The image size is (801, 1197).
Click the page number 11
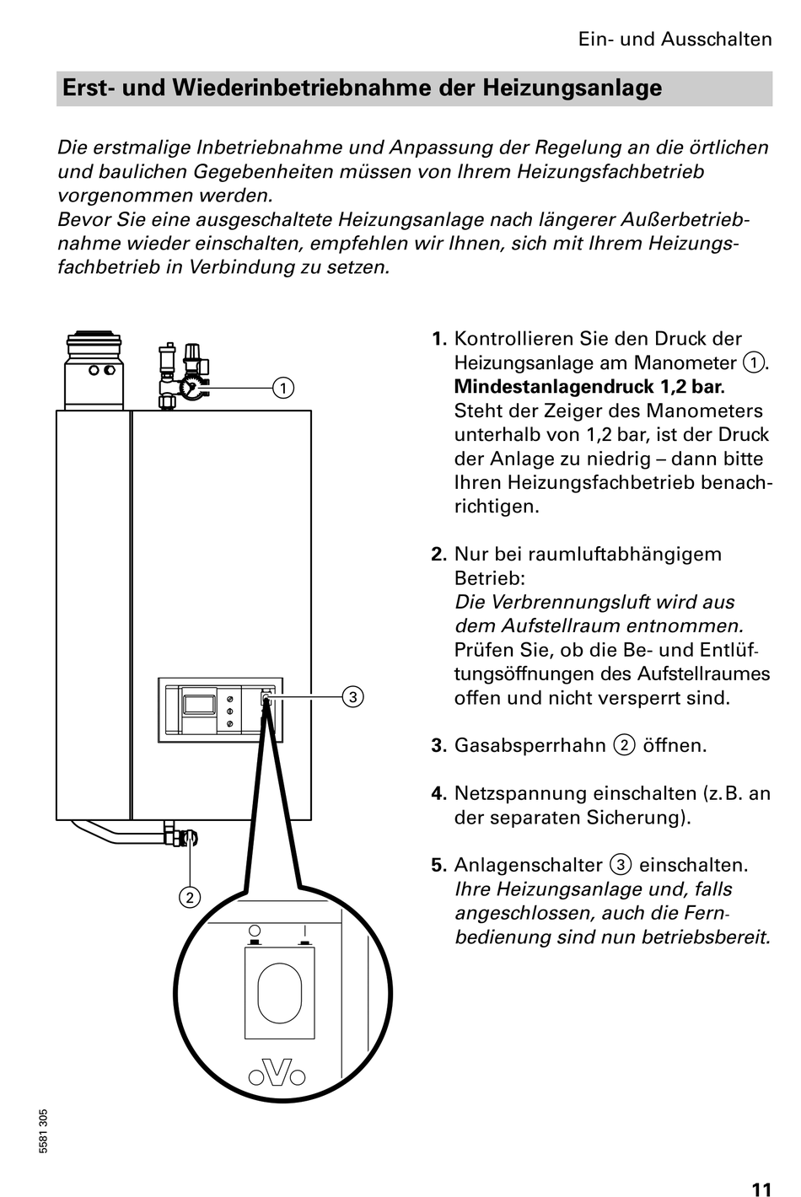(x=761, y=1167)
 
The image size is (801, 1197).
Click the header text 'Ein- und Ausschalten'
(x=675, y=40)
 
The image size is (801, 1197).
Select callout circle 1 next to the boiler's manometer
(x=283, y=388)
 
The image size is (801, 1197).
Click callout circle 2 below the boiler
(x=190, y=897)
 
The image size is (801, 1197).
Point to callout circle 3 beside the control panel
(x=353, y=696)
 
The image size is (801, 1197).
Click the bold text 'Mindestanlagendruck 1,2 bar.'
(x=589, y=388)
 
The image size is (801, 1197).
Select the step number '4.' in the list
(x=438, y=794)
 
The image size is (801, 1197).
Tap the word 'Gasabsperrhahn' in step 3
(x=530, y=746)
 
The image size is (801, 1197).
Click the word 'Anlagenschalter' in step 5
(x=528, y=866)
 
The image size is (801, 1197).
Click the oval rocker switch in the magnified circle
(x=279, y=993)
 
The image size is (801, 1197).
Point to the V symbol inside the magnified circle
(x=278, y=1071)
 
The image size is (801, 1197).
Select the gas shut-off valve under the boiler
(x=187, y=839)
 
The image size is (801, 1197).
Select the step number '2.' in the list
(x=438, y=555)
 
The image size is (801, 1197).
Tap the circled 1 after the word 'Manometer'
(x=752, y=363)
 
